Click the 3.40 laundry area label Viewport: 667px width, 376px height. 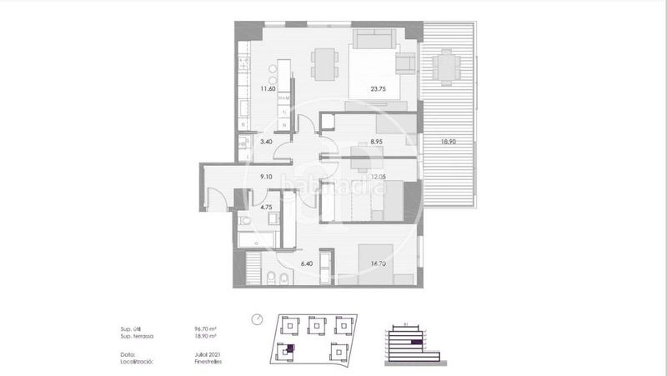(x=267, y=143)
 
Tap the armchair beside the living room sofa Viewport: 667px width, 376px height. (x=406, y=63)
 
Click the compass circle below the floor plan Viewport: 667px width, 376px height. (x=258, y=318)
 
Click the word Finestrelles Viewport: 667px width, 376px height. (x=197, y=361)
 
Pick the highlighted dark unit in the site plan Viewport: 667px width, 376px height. (x=290, y=349)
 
